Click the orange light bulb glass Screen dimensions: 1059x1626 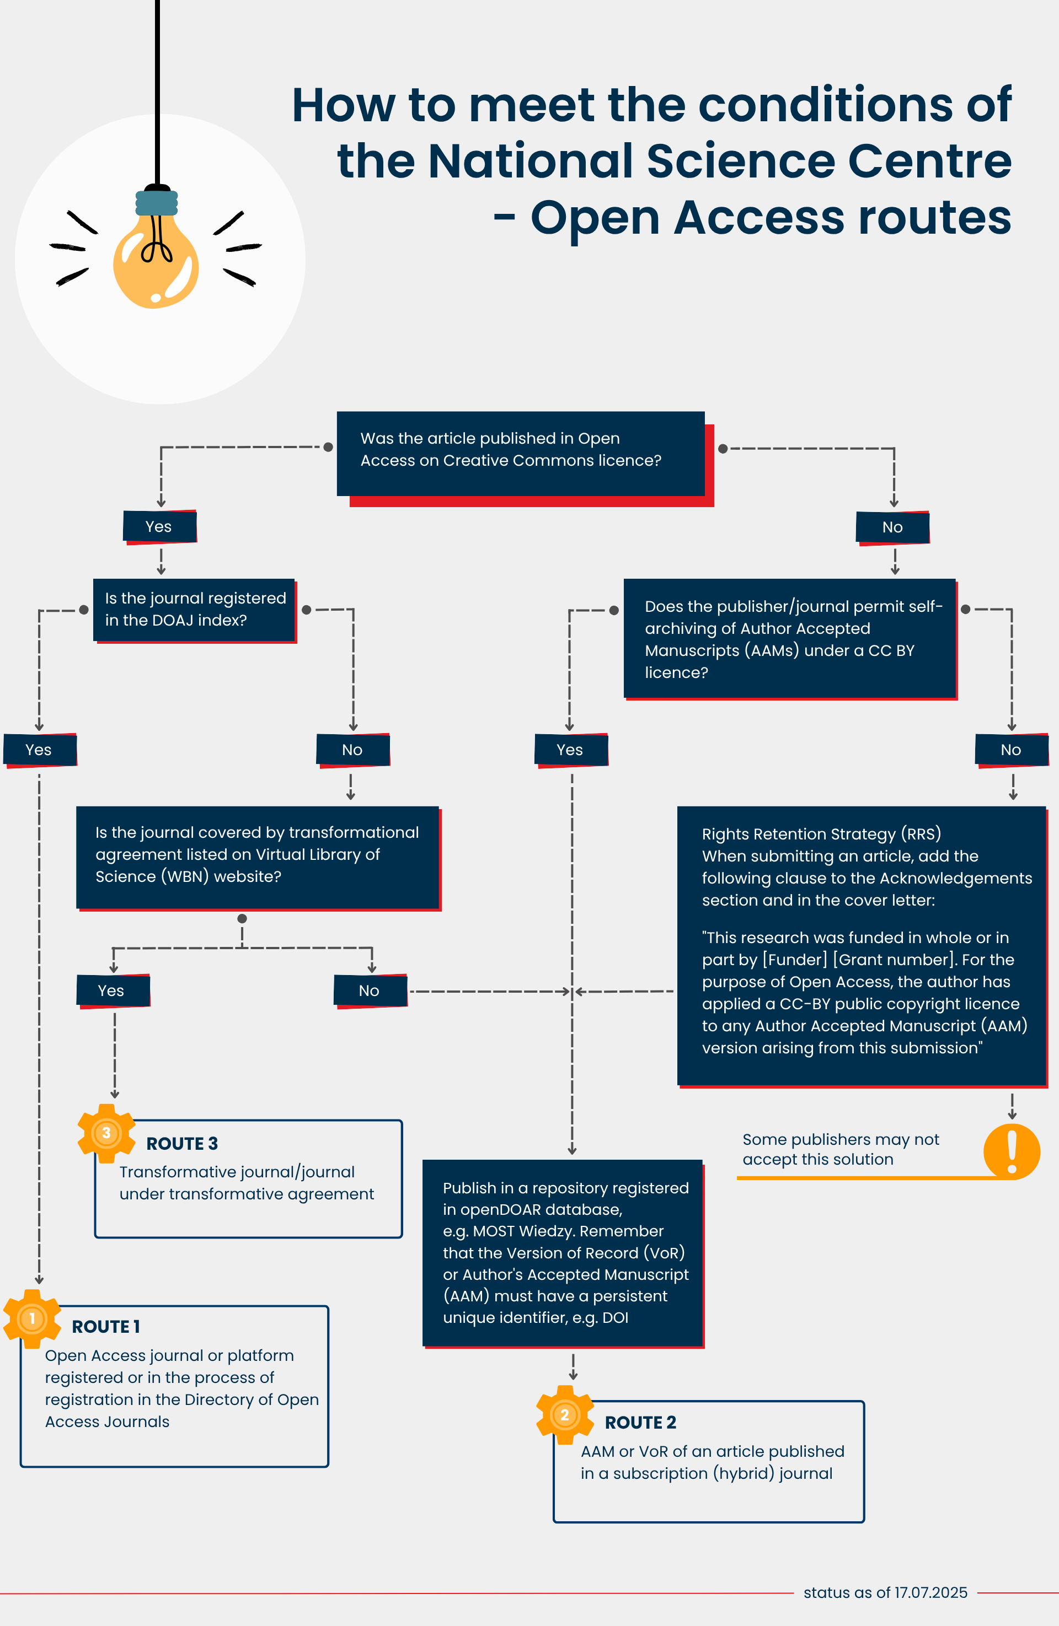(156, 263)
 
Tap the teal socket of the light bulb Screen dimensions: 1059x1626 (157, 203)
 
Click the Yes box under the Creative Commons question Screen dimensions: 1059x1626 (160, 527)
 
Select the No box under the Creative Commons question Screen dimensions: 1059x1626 (893, 527)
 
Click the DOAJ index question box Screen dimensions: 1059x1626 (195, 610)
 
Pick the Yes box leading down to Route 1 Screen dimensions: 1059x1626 (40, 750)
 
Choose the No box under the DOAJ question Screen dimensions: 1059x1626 (353, 750)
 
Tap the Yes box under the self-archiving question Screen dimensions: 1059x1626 (571, 750)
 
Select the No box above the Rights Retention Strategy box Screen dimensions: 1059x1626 (1012, 750)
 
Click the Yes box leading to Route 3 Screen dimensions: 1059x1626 (113, 990)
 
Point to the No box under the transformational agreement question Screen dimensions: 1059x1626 (370, 990)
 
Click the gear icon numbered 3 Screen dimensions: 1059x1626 (106, 1133)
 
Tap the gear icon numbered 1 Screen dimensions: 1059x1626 (32, 1318)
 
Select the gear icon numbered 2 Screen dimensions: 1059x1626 (565, 1414)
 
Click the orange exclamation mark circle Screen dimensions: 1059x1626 (1012, 1152)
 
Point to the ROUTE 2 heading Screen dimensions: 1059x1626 (640, 1423)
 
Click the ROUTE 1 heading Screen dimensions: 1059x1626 (106, 1327)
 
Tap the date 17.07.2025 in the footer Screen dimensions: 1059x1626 (931, 1592)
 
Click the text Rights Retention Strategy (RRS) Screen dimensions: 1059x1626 (821, 834)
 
